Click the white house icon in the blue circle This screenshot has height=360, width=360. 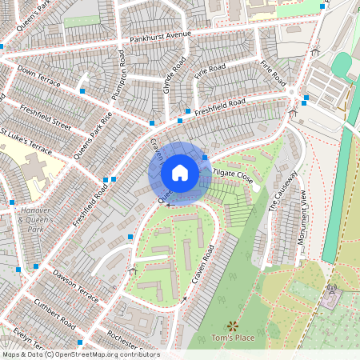tap(180, 173)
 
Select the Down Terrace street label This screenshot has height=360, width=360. tap(38, 75)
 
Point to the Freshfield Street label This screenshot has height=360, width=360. tap(46, 115)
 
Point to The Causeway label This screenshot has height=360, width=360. tap(283, 190)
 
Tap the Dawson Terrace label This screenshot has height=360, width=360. tap(75, 286)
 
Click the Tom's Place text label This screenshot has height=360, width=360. tap(233, 338)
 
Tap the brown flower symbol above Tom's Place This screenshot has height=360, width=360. tap(233, 326)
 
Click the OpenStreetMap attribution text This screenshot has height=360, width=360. tap(81, 354)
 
